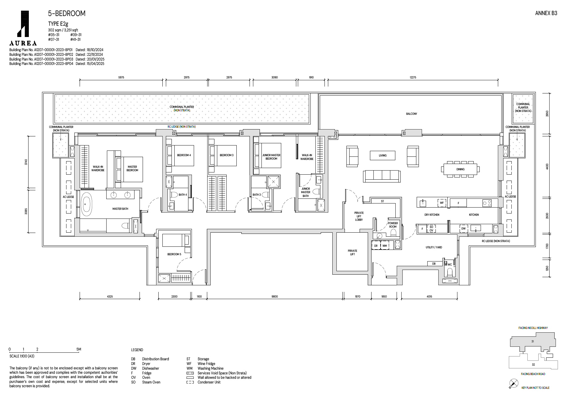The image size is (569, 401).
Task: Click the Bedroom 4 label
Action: point(184,155)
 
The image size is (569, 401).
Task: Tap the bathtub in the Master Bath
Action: point(86,204)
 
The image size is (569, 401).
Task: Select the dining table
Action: point(460,169)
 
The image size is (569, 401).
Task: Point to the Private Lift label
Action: point(352,252)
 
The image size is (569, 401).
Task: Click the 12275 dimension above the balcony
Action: point(413,77)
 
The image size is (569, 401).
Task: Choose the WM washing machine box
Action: point(385,245)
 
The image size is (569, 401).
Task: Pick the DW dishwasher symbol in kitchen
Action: point(463,229)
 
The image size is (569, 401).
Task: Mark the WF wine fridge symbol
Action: point(442,203)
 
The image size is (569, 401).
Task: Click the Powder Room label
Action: point(393,225)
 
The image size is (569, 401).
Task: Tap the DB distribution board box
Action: point(434,264)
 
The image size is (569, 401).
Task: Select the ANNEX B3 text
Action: point(546,13)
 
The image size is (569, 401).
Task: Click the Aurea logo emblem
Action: point(23,24)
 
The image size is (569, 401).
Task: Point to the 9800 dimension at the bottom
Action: point(275,297)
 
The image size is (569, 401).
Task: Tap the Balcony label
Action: point(412,114)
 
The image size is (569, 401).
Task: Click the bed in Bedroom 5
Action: point(176,240)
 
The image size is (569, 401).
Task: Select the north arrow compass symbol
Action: point(514,383)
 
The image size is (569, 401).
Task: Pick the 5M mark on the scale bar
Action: point(79,349)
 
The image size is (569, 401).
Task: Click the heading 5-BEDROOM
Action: point(67,13)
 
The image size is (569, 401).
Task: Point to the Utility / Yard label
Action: point(434,247)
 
